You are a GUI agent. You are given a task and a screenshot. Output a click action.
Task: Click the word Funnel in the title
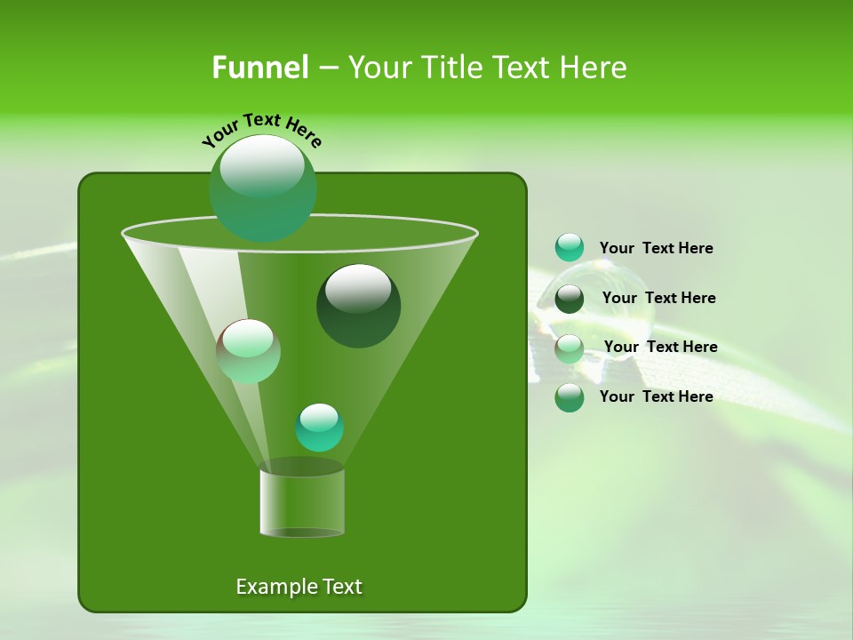(259, 68)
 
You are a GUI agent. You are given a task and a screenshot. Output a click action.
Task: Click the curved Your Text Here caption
(261, 129)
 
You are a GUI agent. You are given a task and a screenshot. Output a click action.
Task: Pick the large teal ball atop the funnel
(262, 188)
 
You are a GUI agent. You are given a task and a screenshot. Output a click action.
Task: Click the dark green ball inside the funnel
(358, 305)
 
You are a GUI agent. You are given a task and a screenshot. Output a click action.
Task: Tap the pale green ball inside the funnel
(248, 351)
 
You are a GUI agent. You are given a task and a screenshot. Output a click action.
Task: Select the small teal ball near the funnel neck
(319, 427)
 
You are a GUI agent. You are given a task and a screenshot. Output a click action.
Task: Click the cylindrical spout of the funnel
(301, 502)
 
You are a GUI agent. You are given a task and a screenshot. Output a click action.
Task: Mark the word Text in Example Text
(341, 587)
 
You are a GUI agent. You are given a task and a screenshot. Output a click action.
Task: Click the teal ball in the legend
(570, 248)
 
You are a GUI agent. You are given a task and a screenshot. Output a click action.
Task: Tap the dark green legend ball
(570, 299)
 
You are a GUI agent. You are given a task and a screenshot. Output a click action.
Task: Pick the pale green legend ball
(570, 348)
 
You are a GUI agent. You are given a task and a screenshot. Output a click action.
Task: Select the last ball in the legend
(570, 397)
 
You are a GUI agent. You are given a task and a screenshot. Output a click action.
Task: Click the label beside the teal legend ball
(656, 249)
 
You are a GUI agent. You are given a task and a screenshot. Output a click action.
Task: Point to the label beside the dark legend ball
(658, 299)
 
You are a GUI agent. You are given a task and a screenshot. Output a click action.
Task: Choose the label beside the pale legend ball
(660, 348)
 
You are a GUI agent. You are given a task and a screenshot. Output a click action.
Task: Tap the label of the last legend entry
(656, 396)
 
